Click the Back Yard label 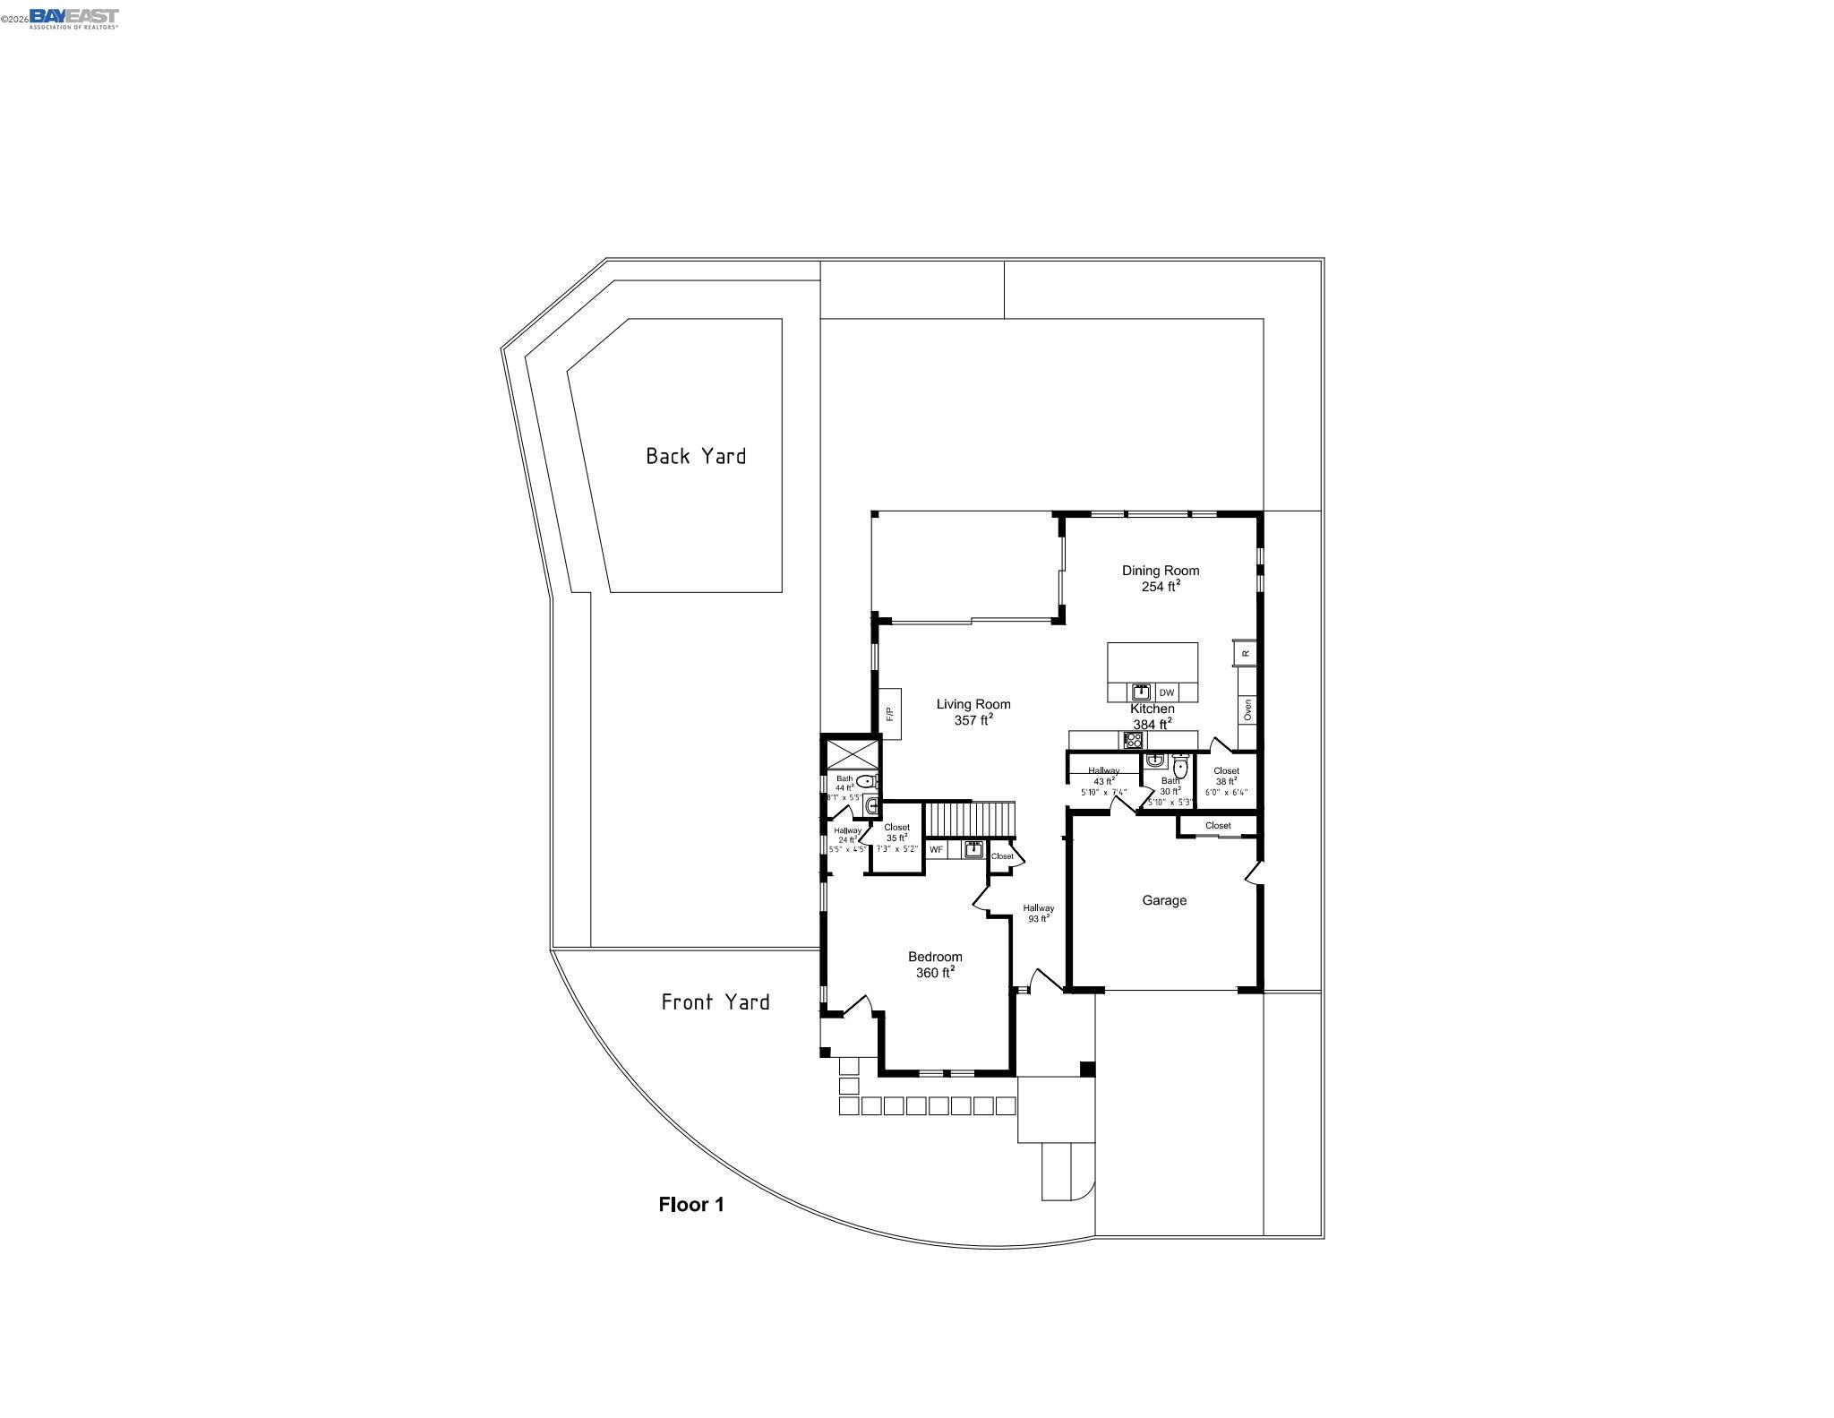pyautogui.click(x=696, y=456)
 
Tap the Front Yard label pyautogui.click(x=715, y=1001)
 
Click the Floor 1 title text pyautogui.click(x=690, y=1204)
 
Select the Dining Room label pyautogui.click(x=1160, y=578)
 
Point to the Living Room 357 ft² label pyautogui.click(x=973, y=711)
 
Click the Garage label pyautogui.click(x=1163, y=900)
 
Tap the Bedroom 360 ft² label pyautogui.click(x=935, y=965)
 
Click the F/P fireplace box pyautogui.click(x=889, y=714)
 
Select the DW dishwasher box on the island pyautogui.click(x=1166, y=692)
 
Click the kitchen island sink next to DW pyautogui.click(x=1141, y=692)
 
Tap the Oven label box pyautogui.click(x=1247, y=709)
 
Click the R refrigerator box pyautogui.click(x=1245, y=653)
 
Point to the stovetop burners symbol pyautogui.click(x=1133, y=740)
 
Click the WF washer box pyautogui.click(x=937, y=849)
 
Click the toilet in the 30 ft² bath pyautogui.click(x=1179, y=768)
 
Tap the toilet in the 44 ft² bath pyautogui.click(x=864, y=781)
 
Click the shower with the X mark pyautogui.click(x=851, y=752)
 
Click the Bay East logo pyautogui.click(x=73, y=17)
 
